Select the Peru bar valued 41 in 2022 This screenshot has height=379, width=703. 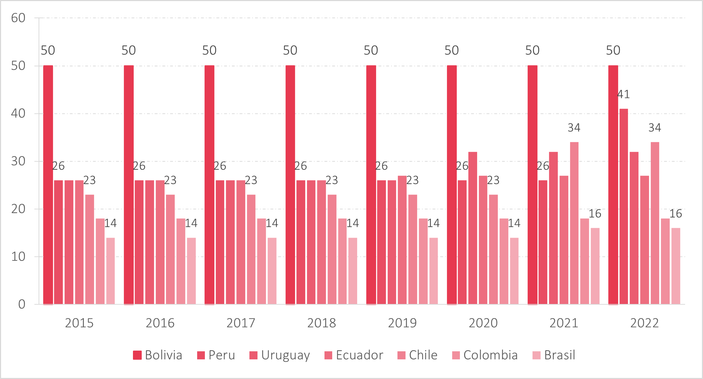click(623, 207)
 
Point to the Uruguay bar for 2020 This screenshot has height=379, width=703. click(473, 228)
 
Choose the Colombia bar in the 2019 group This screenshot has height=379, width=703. click(423, 261)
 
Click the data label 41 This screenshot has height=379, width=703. click(623, 94)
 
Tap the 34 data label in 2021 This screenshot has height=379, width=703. click(574, 128)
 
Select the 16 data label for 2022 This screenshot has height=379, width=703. click(676, 214)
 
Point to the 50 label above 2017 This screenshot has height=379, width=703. click(209, 50)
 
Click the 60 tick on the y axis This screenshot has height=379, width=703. click(18, 18)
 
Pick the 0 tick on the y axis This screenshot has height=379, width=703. click(22, 304)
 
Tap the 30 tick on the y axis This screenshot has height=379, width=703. click(18, 161)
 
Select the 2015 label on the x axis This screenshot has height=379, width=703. click(79, 323)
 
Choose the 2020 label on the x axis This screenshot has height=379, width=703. click(483, 323)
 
